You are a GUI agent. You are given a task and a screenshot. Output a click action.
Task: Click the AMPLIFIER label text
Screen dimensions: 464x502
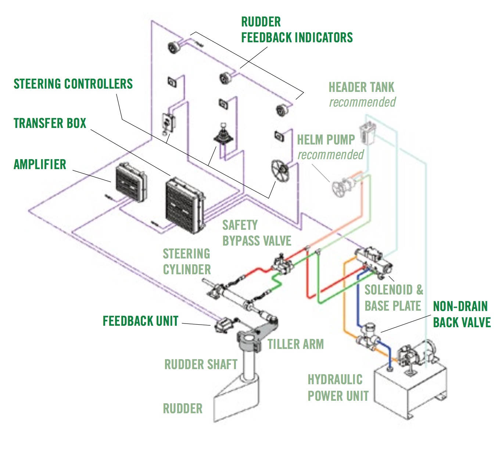tap(40, 164)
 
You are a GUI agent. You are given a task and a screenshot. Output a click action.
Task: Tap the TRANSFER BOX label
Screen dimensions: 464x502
tap(50, 123)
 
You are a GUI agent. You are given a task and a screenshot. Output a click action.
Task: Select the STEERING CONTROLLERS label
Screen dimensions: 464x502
tap(73, 84)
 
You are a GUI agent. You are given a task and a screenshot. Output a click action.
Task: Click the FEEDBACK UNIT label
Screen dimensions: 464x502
tap(140, 321)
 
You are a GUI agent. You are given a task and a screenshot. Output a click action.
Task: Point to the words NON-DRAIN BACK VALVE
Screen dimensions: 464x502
tap(462, 314)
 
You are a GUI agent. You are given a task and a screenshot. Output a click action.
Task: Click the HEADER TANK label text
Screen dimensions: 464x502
tap(361, 88)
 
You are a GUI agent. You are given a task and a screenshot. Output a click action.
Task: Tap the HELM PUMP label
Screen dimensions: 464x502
tap(326, 140)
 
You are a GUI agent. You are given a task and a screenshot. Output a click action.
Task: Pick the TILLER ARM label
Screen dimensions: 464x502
tap(295, 345)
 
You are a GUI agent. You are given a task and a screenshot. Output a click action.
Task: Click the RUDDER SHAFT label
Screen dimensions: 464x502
tap(201, 365)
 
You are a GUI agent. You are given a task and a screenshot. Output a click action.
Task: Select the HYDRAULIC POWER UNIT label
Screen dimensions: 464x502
tap(338, 388)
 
